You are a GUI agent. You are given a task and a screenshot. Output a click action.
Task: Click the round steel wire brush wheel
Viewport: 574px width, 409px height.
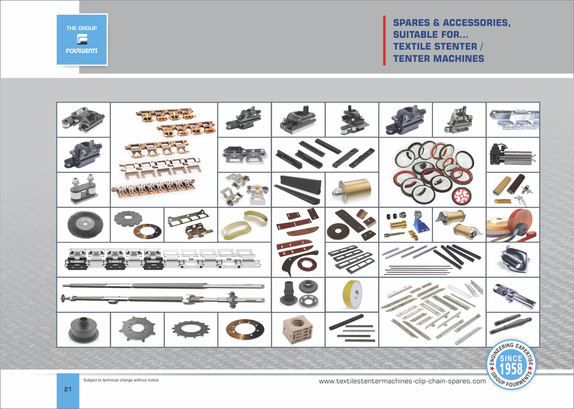(x=85, y=224)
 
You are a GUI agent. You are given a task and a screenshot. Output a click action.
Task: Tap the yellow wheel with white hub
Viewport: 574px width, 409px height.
(x=352, y=295)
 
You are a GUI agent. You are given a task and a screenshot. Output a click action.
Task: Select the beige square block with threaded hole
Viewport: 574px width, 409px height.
(x=298, y=330)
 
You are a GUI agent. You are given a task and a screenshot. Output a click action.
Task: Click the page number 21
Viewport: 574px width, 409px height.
(x=68, y=389)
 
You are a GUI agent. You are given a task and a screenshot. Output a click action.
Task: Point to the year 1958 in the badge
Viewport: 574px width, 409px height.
(x=511, y=369)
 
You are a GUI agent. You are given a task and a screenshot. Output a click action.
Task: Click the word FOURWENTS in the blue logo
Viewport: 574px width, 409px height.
(x=81, y=51)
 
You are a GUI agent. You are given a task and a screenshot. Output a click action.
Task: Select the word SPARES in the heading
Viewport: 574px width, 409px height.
(x=411, y=23)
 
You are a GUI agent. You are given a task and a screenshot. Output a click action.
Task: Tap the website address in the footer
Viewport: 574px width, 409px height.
(x=402, y=381)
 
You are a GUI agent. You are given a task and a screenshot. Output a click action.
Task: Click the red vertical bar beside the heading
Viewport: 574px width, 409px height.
(x=384, y=40)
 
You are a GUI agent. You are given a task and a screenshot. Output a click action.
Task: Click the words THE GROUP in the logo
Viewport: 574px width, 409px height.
(x=81, y=28)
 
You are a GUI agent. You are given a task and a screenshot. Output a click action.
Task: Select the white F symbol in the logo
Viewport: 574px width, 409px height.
(x=82, y=39)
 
